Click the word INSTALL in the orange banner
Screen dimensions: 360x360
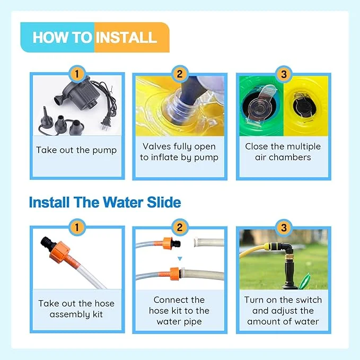pyautogui.click(x=126, y=38)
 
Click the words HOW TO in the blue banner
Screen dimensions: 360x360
pyautogui.click(x=63, y=38)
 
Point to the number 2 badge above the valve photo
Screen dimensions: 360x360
pyautogui.click(x=180, y=74)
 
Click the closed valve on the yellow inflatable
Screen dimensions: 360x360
pyautogui.click(x=304, y=105)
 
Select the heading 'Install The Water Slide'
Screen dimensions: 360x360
pyautogui.click(x=105, y=203)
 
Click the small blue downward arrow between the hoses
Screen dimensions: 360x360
pyautogui.click(x=180, y=259)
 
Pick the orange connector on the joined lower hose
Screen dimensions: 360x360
pyautogui.click(x=175, y=274)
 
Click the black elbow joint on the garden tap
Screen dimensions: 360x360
pyautogui.click(x=287, y=249)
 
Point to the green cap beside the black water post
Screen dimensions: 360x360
pyautogui.click(x=305, y=280)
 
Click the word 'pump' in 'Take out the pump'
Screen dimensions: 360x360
pyautogui.click(x=104, y=151)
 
